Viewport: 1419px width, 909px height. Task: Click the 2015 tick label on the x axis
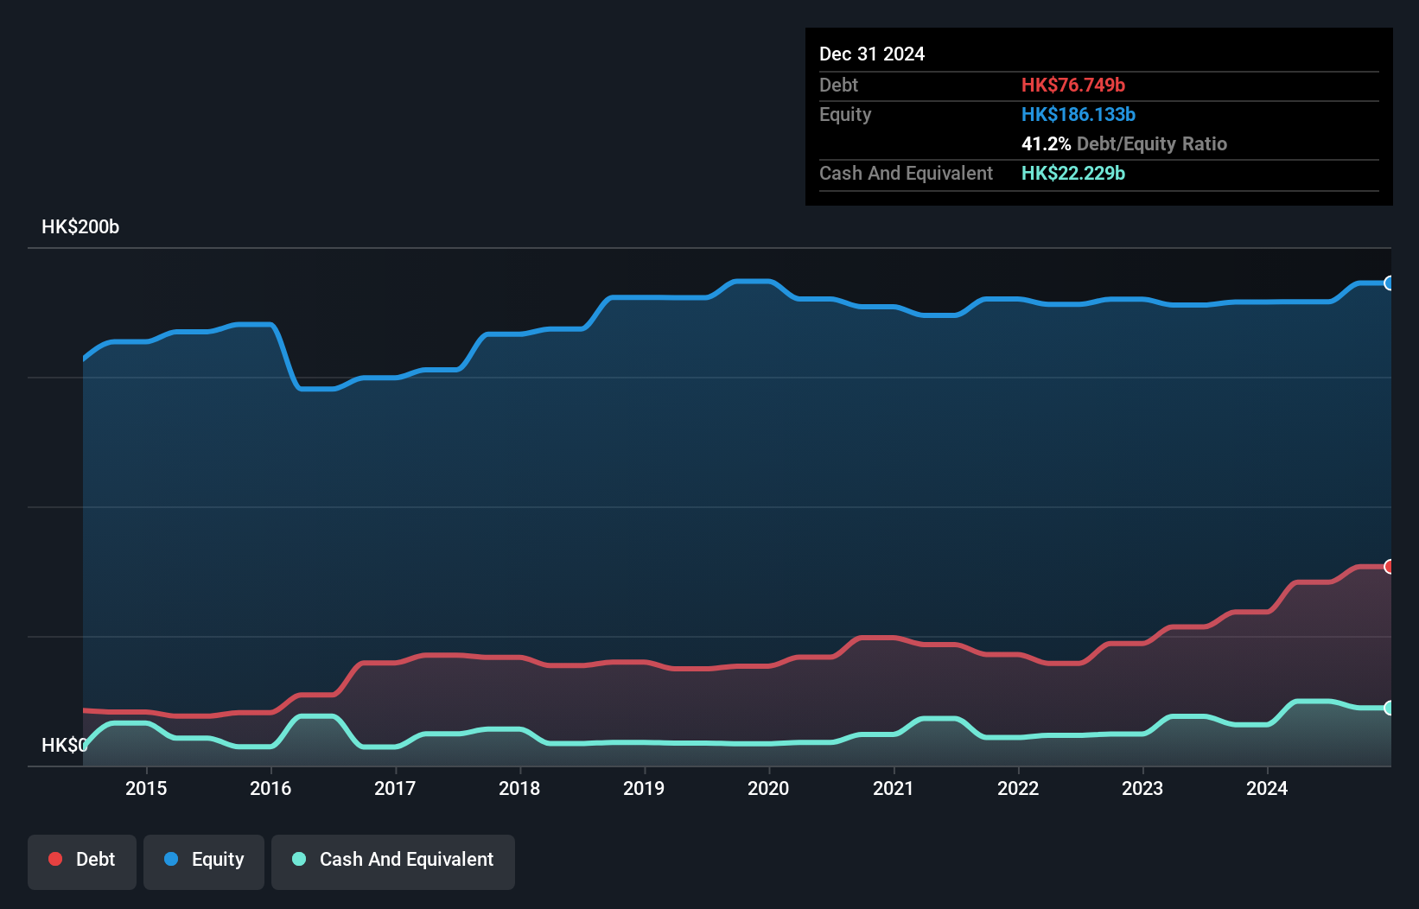pos(146,788)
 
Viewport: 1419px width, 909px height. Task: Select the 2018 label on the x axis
pos(519,788)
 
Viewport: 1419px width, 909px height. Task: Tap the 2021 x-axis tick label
pos(893,788)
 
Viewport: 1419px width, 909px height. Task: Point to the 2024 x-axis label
pos(1266,788)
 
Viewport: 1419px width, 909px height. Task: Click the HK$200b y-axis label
pos(80,227)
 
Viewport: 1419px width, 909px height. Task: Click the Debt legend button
pos(82,860)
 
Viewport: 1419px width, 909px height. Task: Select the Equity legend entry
pos(204,860)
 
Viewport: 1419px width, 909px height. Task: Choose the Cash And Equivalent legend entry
pos(393,860)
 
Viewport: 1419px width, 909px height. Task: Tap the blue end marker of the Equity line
pos(1390,283)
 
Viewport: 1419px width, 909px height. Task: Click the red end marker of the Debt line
pos(1390,567)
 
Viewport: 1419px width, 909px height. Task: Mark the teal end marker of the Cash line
pos(1390,708)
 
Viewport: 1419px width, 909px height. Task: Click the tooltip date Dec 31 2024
pos(872,54)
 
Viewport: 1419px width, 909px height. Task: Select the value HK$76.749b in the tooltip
pos(1072,85)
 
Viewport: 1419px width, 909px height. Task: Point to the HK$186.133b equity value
pos(1078,114)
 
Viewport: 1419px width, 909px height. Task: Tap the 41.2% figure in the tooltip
pos(1046,143)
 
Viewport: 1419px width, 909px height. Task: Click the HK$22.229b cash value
pos(1072,173)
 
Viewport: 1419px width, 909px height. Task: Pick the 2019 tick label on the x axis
pos(644,788)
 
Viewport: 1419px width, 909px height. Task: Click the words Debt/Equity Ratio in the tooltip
pos(1151,143)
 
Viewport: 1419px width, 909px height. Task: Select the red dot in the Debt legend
pos(55,859)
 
